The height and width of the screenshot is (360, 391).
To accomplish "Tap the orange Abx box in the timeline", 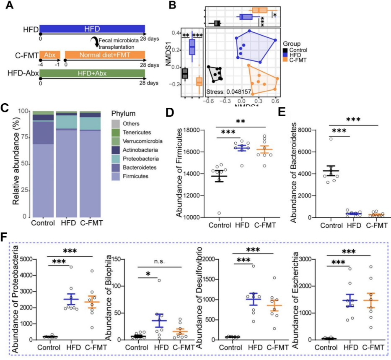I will click(x=50, y=55).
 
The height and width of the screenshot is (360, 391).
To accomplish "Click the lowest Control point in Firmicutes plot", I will click(x=219, y=213).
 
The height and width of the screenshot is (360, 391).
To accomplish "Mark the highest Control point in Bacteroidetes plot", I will click(x=330, y=138).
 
